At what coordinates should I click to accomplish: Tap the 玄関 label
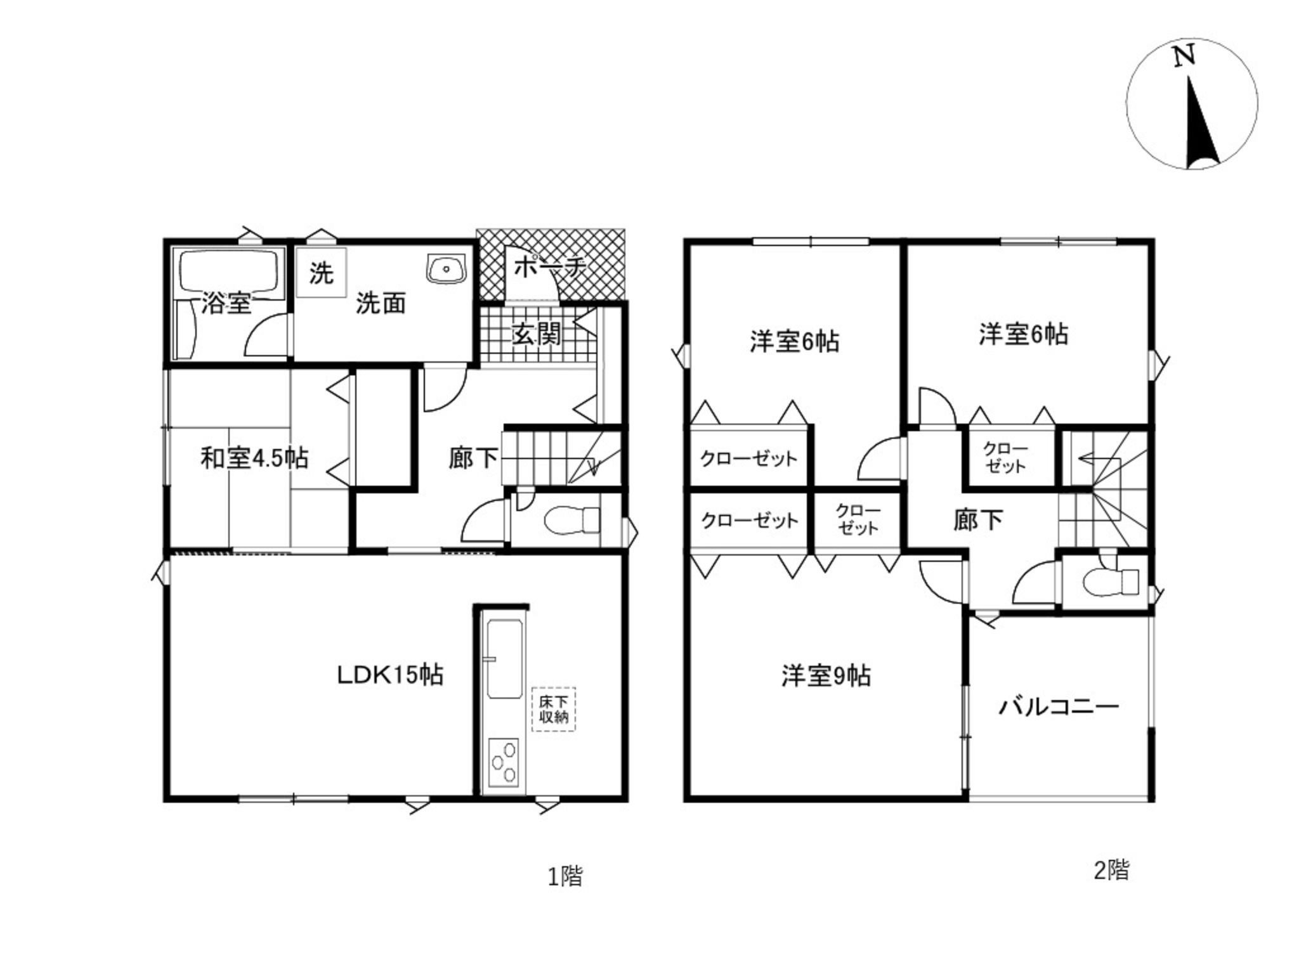537,334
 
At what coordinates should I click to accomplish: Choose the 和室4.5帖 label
255,457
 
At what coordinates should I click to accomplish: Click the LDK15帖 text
390,675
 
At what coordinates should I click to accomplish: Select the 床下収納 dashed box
554,710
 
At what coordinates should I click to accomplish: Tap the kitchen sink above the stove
504,659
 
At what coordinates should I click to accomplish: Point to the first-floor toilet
570,520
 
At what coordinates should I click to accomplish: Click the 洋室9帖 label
826,676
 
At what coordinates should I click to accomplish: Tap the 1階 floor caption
565,876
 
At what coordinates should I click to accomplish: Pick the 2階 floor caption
1112,870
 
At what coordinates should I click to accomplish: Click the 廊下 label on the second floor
978,520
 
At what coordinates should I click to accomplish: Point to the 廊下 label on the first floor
473,458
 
